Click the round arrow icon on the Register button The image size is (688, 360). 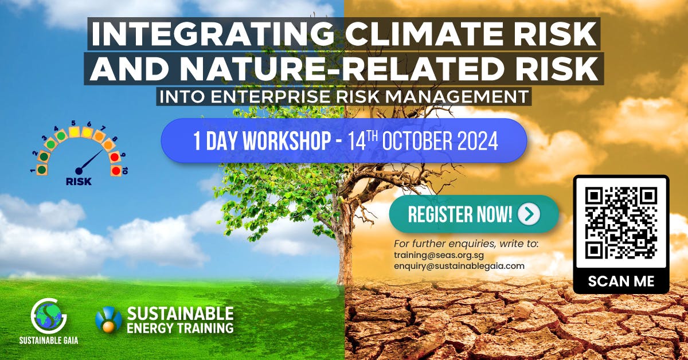528,214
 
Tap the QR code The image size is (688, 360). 621,223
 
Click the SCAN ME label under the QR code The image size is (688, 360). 621,282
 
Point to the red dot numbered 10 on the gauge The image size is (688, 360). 116,170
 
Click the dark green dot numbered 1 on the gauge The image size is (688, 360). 41,170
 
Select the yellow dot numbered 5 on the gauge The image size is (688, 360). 74,132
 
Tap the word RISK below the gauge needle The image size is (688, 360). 79,182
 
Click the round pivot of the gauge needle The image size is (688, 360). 79,170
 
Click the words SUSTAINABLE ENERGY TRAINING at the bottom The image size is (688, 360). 180,320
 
